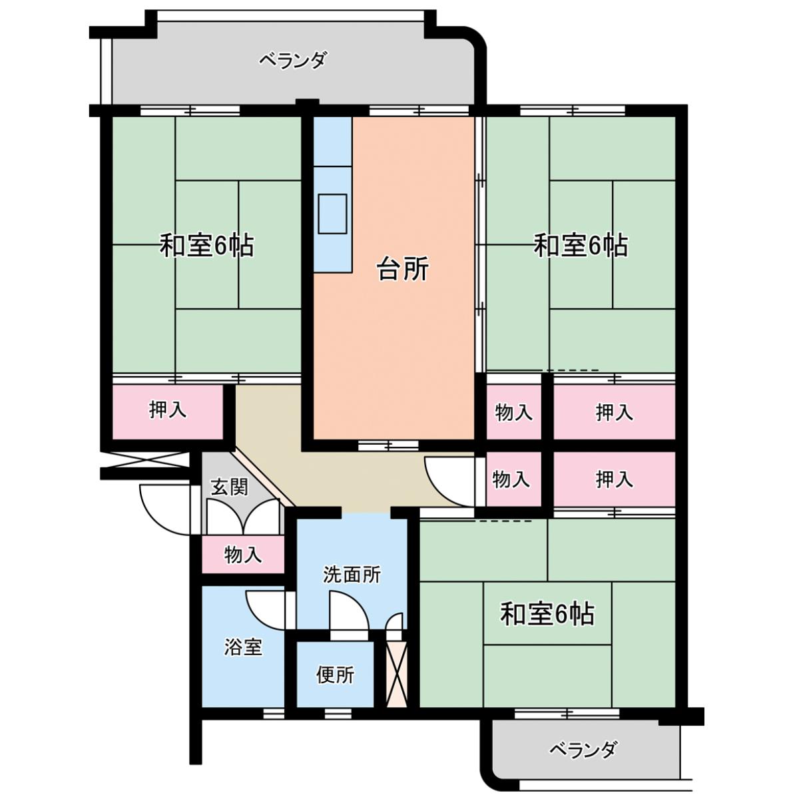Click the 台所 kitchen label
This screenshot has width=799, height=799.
[x=403, y=270]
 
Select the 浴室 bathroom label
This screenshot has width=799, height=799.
[x=243, y=647]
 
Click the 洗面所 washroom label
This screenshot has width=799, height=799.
[x=352, y=575]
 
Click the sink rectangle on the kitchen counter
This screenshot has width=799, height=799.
[x=332, y=214]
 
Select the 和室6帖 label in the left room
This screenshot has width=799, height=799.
[x=206, y=246]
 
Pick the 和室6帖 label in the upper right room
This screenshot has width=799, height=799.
[x=580, y=246]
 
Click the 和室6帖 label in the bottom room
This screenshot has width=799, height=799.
[x=547, y=614]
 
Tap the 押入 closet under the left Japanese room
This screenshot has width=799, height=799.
[x=168, y=411]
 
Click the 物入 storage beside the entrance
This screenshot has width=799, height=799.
[x=242, y=555]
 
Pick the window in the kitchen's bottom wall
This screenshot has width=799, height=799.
[x=388, y=445]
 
